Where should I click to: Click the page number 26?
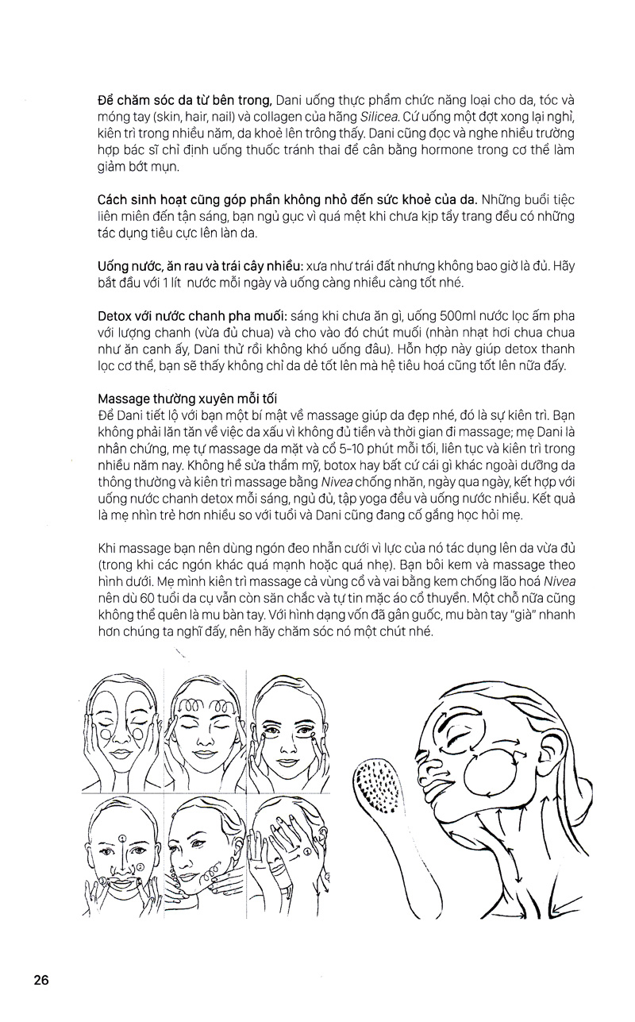coord(41,979)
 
